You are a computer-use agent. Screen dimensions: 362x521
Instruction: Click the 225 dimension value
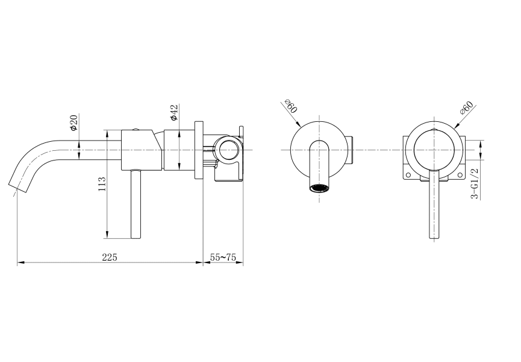(x=109, y=257)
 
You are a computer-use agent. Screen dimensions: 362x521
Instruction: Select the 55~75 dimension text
(x=222, y=257)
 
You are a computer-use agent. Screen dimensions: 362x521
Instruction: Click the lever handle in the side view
(x=136, y=205)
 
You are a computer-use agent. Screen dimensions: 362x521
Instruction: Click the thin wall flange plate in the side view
(x=199, y=149)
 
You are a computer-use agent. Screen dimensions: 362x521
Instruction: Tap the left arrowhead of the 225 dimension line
(x=20, y=262)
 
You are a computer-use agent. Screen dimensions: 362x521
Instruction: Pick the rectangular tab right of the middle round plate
(x=351, y=149)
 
